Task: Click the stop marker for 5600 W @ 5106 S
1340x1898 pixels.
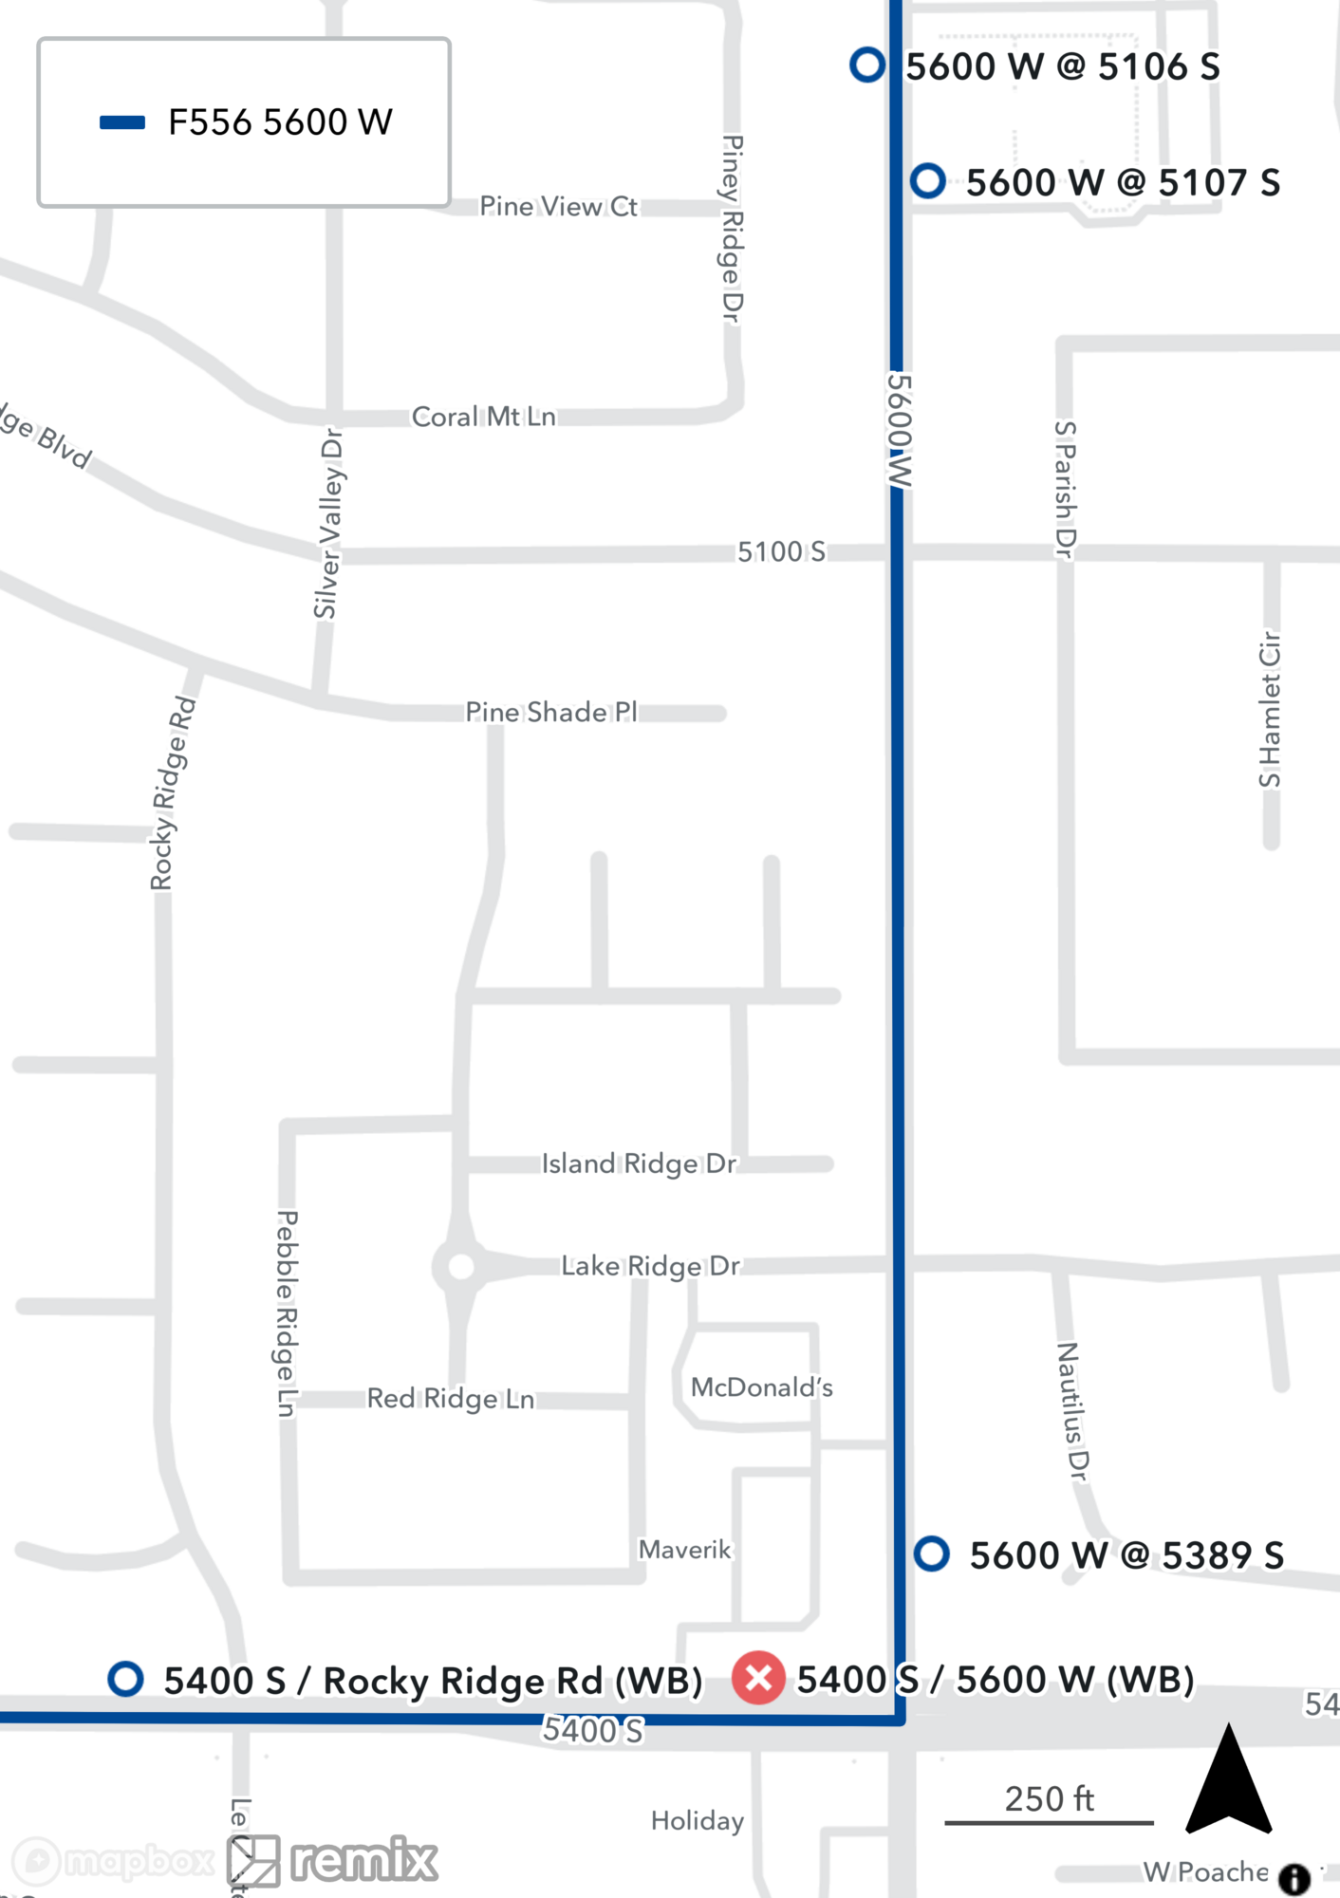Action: click(866, 65)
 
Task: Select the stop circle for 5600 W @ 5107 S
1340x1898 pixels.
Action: click(927, 180)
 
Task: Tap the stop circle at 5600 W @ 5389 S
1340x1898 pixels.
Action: click(931, 1554)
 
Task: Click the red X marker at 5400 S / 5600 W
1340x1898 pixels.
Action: click(758, 1678)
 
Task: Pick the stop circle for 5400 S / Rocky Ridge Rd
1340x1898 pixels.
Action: click(125, 1678)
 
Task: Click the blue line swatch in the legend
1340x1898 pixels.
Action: click(122, 122)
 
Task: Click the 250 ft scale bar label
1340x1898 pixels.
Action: click(1049, 1798)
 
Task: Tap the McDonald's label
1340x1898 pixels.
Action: click(761, 1387)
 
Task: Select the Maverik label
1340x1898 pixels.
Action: click(684, 1550)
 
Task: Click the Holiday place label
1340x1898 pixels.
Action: click(698, 1820)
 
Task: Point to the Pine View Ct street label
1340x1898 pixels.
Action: click(558, 206)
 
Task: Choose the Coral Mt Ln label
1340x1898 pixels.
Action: click(483, 417)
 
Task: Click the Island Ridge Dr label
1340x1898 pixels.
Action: click(639, 1163)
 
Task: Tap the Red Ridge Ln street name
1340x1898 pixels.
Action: click(451, 1399)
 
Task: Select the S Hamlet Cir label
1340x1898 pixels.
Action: click(1270, 709)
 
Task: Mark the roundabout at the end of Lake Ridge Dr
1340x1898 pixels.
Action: click(461, 1266)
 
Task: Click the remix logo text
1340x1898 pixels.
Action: click(363, 1860)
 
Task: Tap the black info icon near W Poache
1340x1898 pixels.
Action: click(1294, 1878)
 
